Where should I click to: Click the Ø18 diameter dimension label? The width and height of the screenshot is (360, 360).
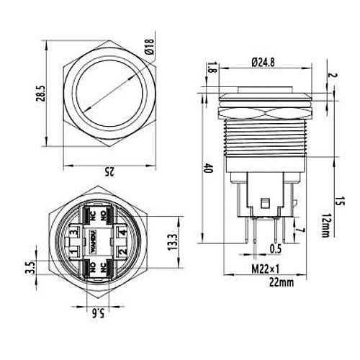(x=149, y=46)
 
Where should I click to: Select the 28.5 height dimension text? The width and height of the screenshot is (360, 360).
(x=41, y=94)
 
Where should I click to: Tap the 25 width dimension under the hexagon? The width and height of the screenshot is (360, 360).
(x=109, y=171)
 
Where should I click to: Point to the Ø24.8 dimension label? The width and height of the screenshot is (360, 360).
(x=263, y=63)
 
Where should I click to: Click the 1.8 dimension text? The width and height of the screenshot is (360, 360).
(x=212, y=67)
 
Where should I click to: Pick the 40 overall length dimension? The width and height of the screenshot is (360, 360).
(x=208, y=168)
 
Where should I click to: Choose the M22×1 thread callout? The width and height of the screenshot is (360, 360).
(x=266, y=269)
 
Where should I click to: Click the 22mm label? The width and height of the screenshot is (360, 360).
(x=282, y=282)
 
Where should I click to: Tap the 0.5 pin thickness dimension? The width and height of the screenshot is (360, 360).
(x=276, y=249)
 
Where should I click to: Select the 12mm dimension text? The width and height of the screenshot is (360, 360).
(x=325, y=225)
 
